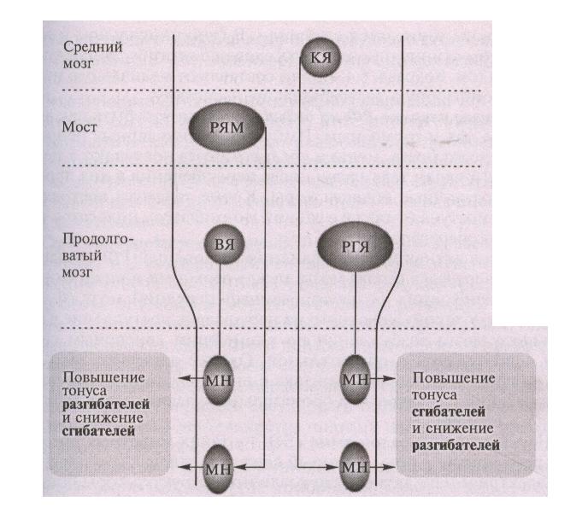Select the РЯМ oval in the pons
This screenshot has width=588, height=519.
coord(226,127)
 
